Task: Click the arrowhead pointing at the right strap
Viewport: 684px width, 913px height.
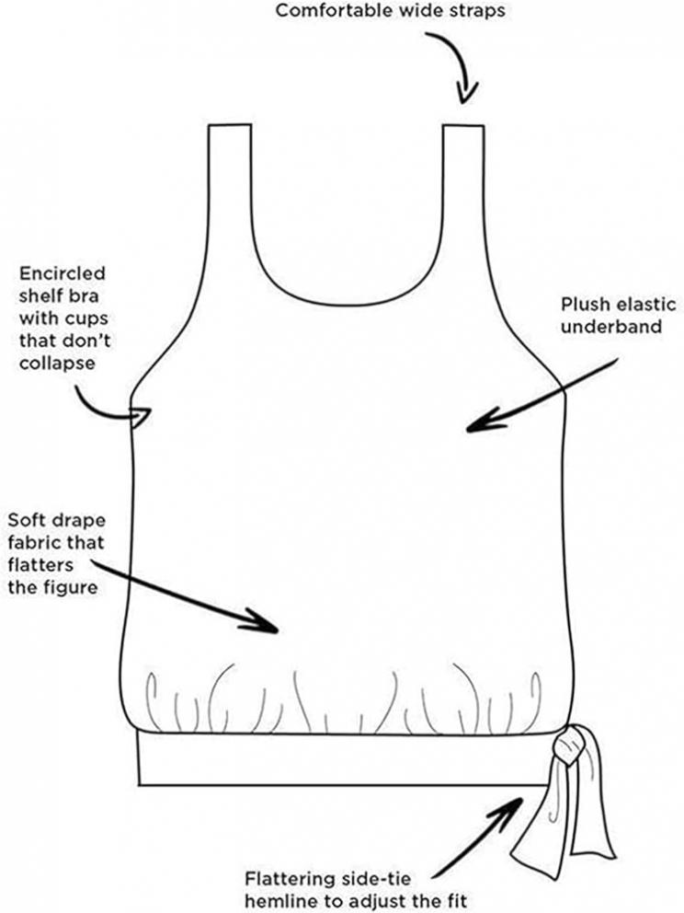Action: (x=466, y=92)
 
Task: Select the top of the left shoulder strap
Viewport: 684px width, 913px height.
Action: (x=231, y=124)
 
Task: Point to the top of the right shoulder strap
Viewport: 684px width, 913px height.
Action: (x=463, y=124)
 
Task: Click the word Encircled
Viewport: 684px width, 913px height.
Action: (x=63, y=273)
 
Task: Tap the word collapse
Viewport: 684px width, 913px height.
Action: (x=57, y=363)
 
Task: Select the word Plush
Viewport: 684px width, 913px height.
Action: (x=584, y=304)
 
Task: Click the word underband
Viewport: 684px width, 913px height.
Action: (x=610, y=326)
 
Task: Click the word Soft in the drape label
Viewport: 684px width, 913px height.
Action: (x=25, y=519)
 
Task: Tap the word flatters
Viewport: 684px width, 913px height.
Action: (x=40, y=564)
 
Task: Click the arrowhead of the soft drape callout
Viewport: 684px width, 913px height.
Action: (x=263, y=620)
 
